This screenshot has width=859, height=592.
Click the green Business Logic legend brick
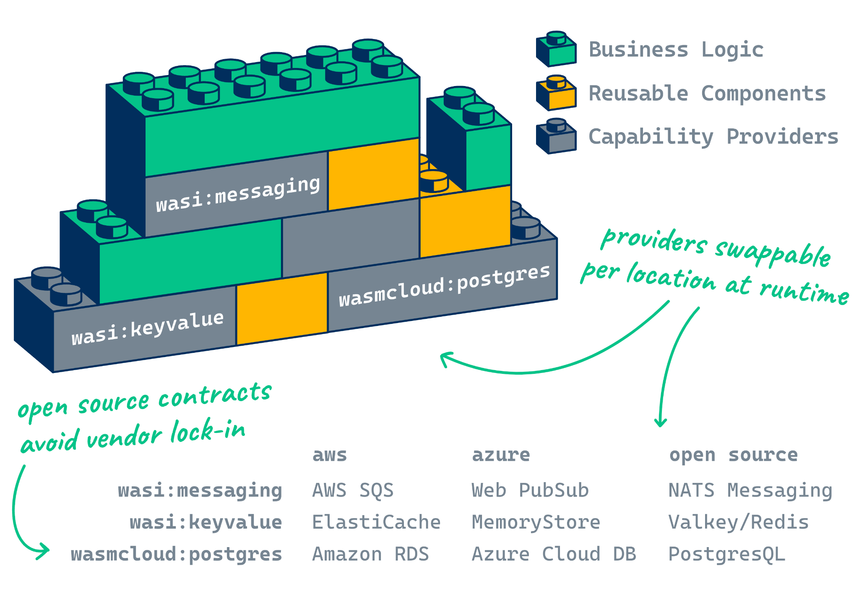pyautogui.click(x=556, y=50)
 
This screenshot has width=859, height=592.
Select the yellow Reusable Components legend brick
pyautogui.click(x=556, y=93)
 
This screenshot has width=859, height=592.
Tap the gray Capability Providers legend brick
pyautogui.click(x=556, y=137)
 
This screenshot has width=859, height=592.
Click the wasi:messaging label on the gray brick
pyautogui.click(x=238, y=194)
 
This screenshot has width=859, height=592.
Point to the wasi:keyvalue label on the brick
pyautogui.click(x=148, y=328)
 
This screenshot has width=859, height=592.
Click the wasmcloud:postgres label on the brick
pyautogui.click(x=444, y=286)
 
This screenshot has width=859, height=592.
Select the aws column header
pyautogui.click(x=330, y=455)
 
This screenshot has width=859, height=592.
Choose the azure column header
pyautogui.click(x=501, y=455)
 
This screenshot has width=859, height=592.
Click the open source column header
pyautogui.click(x=733, y=455)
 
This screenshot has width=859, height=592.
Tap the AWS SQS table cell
pyautogui.click(x=353, y=490)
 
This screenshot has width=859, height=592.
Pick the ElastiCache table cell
pyautogui.click(x=376, y=522)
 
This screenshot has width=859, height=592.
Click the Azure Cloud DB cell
pyautogui.click(x=554, y=554)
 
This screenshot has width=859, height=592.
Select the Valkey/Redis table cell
pyautogui.click(x=738, y=522)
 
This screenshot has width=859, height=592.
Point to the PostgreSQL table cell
pyautogui.click(x=726, y=554)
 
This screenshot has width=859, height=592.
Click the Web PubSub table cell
pyautogui.click(x=530, y=490)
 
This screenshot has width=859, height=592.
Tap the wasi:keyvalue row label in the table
pyautogui.click(x=206, y=522)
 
